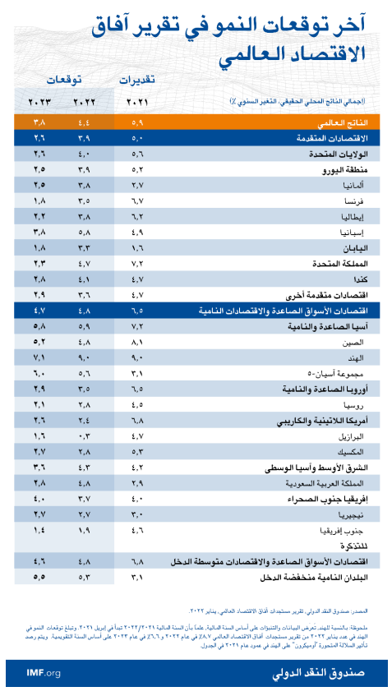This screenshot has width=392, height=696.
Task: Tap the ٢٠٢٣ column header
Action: pyautogui.click(x=39, y=101)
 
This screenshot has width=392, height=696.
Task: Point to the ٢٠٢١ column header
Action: pyautogui.click(x=137, y=101)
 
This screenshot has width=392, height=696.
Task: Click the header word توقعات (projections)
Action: pyautogui.click(x=62, y=80)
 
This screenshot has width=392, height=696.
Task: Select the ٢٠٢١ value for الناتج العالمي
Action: pyautogui.click(x=137, y=122)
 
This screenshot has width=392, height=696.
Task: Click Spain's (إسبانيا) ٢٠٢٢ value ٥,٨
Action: pyautogui.click(x=84, y=232)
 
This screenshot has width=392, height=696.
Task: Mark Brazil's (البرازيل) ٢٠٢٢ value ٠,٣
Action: pyautogui.click(x=84, y=436)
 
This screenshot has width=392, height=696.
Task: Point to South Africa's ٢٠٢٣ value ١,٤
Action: pyautogui.click(x=39, y=530)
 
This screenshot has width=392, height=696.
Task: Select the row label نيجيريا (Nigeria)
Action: pyautogui.click(x=348, y=514)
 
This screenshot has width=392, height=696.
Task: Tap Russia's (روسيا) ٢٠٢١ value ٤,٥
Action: pyautogui.click(x=137, y=404)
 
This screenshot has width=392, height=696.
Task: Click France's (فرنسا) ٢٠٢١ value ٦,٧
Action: pyautogui.click(x=137, y=201)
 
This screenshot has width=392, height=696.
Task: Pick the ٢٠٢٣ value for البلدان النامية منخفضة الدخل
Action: pyautogui.click(x=39, y=577)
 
